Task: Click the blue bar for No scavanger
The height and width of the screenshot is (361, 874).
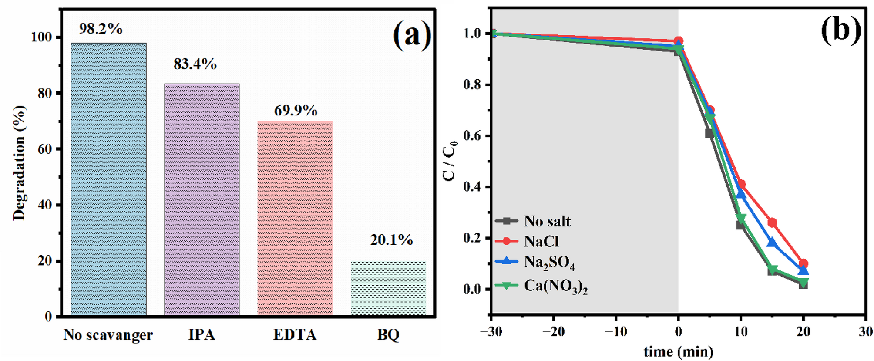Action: tap(108, 179)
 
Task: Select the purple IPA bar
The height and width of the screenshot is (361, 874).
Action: tap(202, 199)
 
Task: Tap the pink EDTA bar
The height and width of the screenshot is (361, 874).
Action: tap(295, 218)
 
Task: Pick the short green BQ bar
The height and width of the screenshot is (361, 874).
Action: tap(388, 288)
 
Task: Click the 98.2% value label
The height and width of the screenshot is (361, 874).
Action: tap(101, 29)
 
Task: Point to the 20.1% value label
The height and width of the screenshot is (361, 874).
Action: tap(391, 240)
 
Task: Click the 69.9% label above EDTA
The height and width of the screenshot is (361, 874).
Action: tap(296, 111)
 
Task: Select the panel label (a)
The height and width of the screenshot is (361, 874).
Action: tap(412, 35)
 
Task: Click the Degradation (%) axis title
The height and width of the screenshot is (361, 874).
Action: tap(20, 163)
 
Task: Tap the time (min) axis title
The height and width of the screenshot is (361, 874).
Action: tap(678, 351)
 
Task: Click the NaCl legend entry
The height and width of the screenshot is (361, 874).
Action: tap(541, 241)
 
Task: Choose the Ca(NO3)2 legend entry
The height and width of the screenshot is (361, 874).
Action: tap(555, 286)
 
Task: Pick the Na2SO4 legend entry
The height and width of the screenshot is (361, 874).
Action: tap(549, 262)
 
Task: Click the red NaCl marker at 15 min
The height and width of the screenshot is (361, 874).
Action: tap(772, 223)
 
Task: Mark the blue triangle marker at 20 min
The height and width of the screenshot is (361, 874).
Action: tap(803, 271)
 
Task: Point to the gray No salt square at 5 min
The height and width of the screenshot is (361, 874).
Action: tap(709, 133)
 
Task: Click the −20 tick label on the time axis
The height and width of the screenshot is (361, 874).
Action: tap(553, 332)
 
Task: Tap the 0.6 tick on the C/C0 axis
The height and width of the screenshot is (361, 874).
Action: tap(472, 136)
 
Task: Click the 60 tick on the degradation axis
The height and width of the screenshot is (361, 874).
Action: tap(45, 149)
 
